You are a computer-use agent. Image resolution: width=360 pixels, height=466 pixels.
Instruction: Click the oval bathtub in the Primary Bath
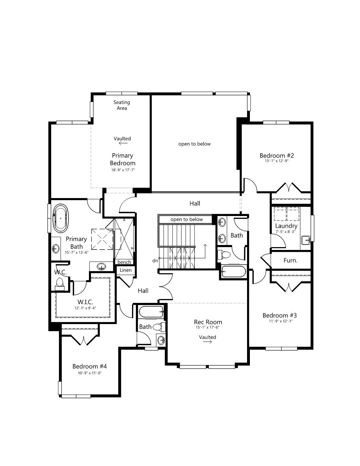pos(61,218)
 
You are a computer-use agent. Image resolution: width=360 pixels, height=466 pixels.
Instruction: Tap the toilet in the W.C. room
pos(59,284)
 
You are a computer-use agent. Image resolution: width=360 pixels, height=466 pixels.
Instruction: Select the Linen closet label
pos(126,270)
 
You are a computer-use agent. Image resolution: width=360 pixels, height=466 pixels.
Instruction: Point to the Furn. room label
pos(290,261)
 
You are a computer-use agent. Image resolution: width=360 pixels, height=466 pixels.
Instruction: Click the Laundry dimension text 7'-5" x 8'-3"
pos(286,232)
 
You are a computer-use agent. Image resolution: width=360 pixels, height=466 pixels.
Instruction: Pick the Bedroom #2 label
pos(277,155)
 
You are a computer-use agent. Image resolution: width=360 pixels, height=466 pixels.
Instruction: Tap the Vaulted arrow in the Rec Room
pos(207,342)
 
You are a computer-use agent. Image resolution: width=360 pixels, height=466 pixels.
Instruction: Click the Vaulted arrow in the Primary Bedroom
pos(123,143)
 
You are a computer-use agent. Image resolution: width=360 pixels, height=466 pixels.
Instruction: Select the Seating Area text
pos(121,105)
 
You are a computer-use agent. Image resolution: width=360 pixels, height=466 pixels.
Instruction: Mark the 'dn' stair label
pos(155,261)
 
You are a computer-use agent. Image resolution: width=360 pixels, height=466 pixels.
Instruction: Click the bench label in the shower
pos(124,262)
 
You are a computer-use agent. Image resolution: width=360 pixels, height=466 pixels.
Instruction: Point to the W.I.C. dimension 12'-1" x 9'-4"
pos(85,308)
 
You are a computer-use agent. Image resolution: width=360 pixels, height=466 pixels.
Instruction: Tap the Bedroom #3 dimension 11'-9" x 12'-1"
pos(281,321)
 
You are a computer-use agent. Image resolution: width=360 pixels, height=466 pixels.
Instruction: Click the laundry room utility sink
pos(305,240)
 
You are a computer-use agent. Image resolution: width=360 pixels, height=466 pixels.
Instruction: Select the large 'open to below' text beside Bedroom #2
pos(194,144)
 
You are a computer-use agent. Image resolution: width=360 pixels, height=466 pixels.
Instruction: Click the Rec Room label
pos(208,322)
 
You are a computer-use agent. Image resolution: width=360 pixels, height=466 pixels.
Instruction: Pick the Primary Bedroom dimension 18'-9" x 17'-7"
pos(123,170)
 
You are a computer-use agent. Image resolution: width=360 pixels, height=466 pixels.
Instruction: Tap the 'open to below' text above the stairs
pos(187,219)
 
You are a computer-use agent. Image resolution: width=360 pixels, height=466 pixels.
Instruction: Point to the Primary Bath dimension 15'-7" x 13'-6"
pos(77,253)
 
